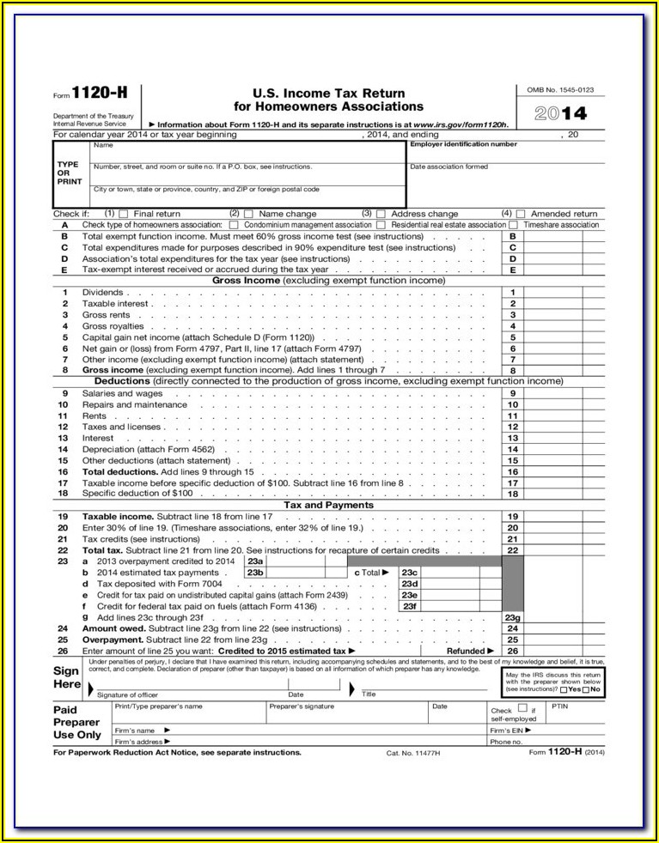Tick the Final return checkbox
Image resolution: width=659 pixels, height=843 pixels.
(123, 214)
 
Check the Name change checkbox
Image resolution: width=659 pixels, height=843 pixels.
(248, 214)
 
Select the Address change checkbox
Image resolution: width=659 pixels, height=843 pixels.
(380, 214)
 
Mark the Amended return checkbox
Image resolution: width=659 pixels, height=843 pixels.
(520, 214)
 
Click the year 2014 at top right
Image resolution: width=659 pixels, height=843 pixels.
(561, 114)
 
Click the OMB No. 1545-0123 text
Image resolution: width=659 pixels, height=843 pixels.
(561, 90)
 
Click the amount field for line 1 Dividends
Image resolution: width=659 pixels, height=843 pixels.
(552, 293)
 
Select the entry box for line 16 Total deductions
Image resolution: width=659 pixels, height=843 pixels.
(552, 472)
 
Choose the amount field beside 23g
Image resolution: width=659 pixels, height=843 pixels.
(552, 617)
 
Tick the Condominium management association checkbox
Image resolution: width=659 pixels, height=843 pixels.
(235, 225)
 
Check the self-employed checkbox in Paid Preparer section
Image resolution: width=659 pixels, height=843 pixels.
(522, 709)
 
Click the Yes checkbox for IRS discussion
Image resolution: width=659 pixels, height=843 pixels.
(563, 689)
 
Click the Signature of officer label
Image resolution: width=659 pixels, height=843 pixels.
(128, 694)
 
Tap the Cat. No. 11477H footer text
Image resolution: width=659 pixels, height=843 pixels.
(413, 753)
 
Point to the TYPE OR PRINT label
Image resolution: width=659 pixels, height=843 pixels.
(69, 173)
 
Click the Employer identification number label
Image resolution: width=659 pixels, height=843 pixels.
(463, 144)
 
